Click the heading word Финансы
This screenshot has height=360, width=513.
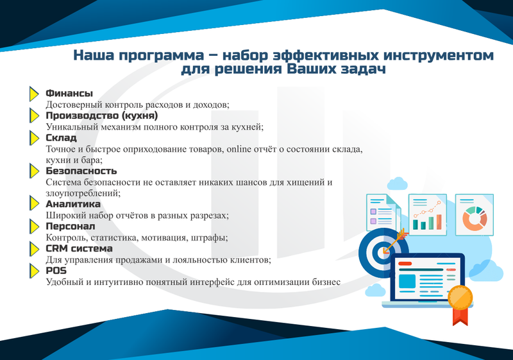69,94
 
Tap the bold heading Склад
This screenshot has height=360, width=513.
62,137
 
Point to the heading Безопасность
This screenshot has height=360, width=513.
81,171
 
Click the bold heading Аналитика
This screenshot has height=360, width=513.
74,204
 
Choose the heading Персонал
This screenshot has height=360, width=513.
71,226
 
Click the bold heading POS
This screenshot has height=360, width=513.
56,270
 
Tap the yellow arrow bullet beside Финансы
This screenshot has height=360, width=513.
36,94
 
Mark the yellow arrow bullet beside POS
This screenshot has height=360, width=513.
36,271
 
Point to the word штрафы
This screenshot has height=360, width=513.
209,237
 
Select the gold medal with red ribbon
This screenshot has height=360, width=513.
460,299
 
